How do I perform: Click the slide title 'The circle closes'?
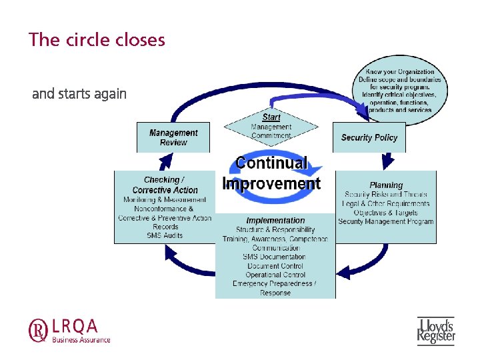point(97,39)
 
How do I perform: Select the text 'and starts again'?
point(79,94)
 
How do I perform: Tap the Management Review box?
point(173,137)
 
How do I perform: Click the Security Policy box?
point(369,137)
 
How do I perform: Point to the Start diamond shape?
point(271,126)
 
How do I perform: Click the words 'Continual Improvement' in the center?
point(271,173)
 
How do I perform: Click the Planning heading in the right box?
point(386,185)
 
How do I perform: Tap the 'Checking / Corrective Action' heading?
point(164,185)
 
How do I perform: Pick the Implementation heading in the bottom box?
point(275,221)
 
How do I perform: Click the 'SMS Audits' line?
point(165,235)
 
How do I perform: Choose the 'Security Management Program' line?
point(385,221)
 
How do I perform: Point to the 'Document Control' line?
point(275,266)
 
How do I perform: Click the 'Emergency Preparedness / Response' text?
point(275,288)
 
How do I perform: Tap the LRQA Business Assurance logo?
point(69,329)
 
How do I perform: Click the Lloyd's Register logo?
point(435,331)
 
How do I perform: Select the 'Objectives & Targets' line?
point(386,213)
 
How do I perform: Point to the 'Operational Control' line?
point(275,275)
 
